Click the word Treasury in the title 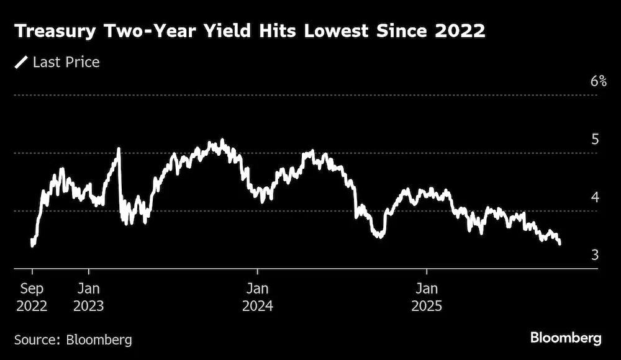tap(55, 32)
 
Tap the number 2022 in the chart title tap(460, 31)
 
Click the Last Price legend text tap(66, 62)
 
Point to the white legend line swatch tap(21, 62)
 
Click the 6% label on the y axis tap(599, 81)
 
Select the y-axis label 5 tap(595, 140)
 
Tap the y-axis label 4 tap(596, 197)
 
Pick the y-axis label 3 tap(595, 255)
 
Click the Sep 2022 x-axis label tap(32, 297)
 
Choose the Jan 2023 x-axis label tap(89, 297)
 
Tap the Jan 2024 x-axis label tap(258, 297)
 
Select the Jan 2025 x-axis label tap(427, 297)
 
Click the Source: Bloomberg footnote tap(73, 340)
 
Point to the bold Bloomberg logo tap(566, 338)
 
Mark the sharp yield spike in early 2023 tap(119, 149)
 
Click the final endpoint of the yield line tap(560, 244)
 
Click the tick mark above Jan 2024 tap(258, 271)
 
